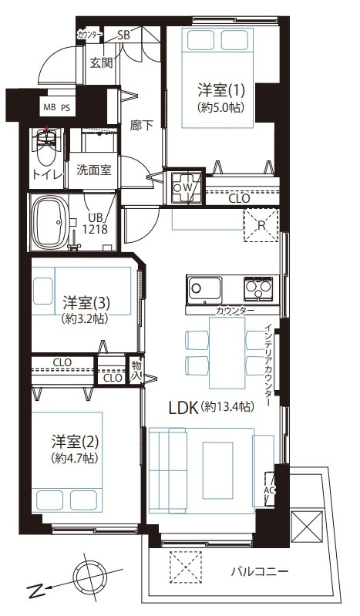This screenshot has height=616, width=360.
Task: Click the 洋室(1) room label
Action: [221, 91]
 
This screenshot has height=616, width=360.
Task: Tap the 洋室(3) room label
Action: [86, 303]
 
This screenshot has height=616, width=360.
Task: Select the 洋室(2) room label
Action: [74, 442]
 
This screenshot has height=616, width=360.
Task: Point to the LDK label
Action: [183, 408]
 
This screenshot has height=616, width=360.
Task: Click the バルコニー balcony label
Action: [259, 571]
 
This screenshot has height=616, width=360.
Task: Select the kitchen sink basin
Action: [204, 289]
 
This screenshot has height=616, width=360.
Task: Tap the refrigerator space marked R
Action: [261, 224]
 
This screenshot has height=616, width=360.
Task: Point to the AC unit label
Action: [269, 490]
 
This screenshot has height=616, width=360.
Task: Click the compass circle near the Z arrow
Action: [89, 574]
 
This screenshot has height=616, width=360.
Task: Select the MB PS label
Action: [56, 108]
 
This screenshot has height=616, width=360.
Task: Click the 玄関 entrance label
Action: [102, 62]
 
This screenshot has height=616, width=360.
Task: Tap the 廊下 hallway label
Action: [142, 126]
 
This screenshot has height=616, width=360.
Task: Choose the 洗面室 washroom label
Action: [93, 170]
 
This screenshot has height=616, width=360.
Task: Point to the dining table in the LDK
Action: [227, 353]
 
